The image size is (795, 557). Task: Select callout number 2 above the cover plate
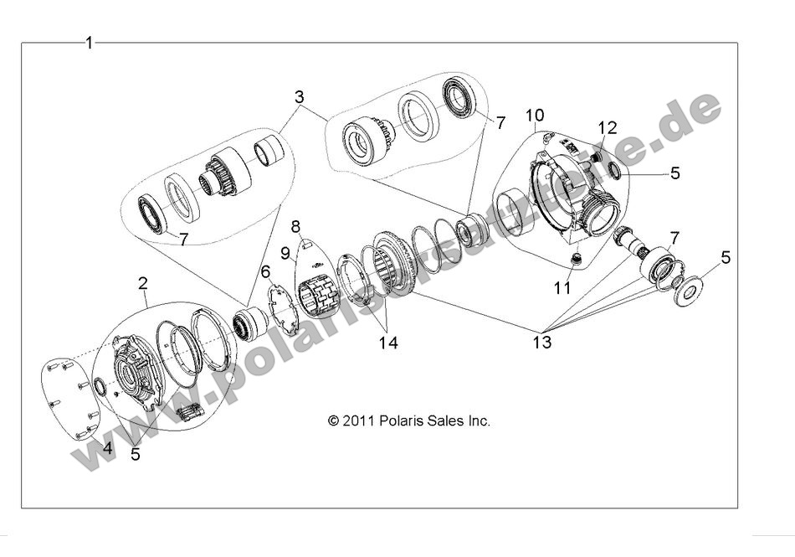coord(143,284)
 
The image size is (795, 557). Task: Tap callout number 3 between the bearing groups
coord(299,97)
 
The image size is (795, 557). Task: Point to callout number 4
coord(107,448)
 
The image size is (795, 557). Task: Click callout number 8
coord(295,226)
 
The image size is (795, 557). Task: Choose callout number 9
coord(285,250)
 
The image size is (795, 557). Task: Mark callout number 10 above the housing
coord(535,113)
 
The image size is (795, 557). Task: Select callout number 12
coord(608,127)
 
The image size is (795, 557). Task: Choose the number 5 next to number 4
coord(136,456)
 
